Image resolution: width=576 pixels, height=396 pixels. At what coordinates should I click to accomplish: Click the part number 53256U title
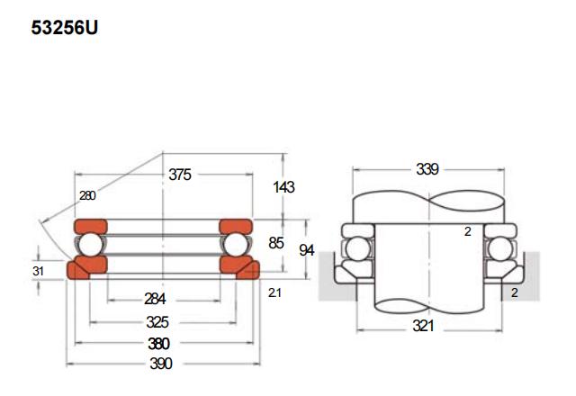[65, 28]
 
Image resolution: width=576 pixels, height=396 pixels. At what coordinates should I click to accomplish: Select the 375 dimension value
[180, 175]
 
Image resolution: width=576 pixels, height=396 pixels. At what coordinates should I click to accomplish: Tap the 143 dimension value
[284, 187]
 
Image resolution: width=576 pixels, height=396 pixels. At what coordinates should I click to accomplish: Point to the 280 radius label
[87, 195]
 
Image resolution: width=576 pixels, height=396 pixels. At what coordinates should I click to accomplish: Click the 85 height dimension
[276, 243]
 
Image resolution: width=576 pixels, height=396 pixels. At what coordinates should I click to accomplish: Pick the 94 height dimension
[307, 250]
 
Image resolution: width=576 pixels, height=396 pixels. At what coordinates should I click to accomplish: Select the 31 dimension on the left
[38, 271]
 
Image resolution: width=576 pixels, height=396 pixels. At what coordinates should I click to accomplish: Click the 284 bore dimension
[155, 299]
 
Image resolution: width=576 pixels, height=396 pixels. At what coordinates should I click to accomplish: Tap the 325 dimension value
[157, 322]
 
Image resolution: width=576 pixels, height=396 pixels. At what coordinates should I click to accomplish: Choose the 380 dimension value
[158, 344]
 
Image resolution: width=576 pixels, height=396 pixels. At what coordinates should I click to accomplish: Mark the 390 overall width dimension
[161, 364]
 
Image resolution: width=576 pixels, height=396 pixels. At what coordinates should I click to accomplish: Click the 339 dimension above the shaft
[427, 169]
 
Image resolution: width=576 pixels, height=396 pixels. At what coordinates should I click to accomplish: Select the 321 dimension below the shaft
[423, 326]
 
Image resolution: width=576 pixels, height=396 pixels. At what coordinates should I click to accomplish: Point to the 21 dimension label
[274, 292]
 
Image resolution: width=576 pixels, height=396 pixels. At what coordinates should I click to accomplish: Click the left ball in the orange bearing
[91, 245]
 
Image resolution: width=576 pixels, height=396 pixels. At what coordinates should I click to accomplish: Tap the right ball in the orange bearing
[235, 245]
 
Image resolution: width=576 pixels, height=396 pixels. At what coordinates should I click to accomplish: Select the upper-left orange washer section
[91, 227]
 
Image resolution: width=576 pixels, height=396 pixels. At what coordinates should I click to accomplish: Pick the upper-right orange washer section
[236, 227]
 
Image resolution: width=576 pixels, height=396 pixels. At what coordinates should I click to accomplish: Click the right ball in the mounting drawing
[500, 249]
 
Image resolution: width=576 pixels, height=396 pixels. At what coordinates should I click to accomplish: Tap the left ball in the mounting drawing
[358, 249]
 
